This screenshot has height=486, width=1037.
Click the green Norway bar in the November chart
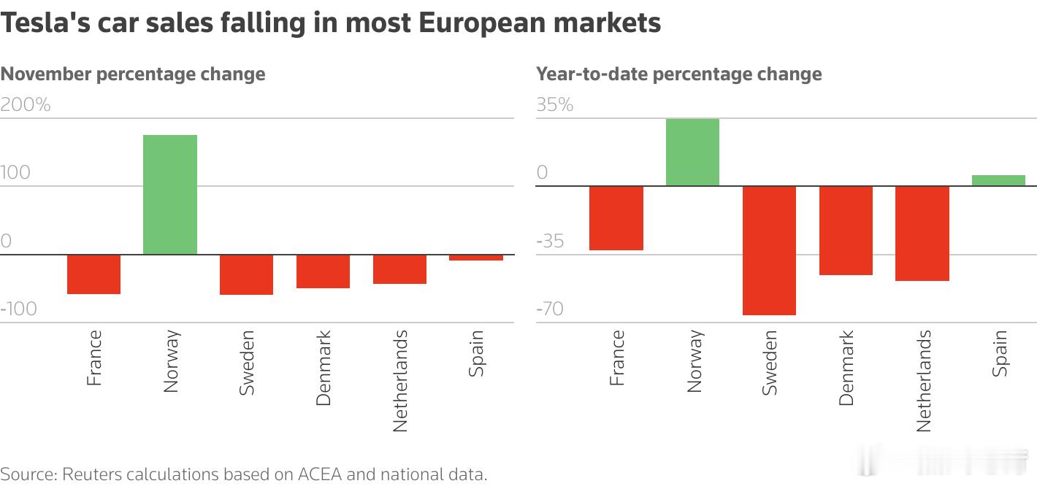pos(169,195)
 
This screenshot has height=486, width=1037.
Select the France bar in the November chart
pos(93,274)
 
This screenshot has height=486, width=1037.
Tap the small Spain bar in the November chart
pos(475,258)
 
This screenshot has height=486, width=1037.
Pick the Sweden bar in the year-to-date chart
pos(769,250)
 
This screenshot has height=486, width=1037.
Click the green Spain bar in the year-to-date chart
pos(998,180)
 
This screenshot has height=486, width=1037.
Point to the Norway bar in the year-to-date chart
pos(692,153)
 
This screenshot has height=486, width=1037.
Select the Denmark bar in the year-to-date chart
pos(846,231)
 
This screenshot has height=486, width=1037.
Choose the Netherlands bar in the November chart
pos(399,269)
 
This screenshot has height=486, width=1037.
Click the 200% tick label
pos(26,105)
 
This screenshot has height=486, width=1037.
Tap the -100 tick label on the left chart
pos(18,309)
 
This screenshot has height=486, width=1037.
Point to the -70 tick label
pos(550,309)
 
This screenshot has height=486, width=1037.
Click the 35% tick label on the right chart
pos(555,105)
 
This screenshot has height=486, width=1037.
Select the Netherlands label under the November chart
pos(399,380)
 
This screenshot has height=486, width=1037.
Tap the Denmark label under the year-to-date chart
pos(846,367)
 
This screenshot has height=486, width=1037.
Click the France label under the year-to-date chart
pos(616,357)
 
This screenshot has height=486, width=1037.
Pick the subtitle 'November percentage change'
pos(133,74)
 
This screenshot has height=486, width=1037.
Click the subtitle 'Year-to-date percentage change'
pos(678,74)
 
